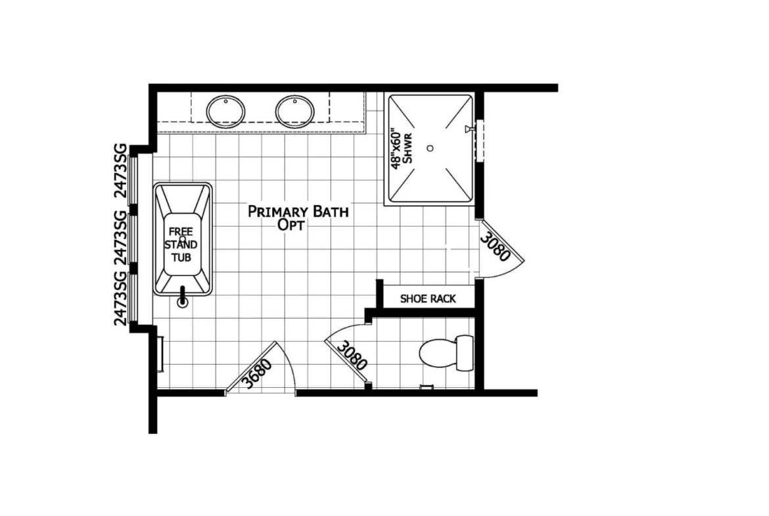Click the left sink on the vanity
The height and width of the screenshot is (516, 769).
[x=225, y=111]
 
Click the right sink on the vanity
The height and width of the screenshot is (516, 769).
[x=294, y=111]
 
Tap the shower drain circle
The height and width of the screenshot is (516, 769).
[x=430, y=148]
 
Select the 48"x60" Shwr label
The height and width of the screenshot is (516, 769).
[x=402, y=149]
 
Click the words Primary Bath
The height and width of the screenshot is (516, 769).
[x=298, y=212]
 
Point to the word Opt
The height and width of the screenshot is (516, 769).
[x=291, y=225]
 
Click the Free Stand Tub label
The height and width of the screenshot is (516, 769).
[x=181, y=245]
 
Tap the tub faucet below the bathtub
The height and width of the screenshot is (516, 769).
[x=183, y=296]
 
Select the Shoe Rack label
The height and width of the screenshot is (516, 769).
[x=428, y=298]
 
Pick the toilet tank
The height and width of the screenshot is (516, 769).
[x=465, y=353]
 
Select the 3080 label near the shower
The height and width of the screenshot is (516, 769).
[x=495, y=246]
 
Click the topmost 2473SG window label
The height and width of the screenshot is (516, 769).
[x=120, y=171]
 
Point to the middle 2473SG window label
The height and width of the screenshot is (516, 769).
[x=120, y=238]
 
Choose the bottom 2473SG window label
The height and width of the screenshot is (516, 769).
[x=120, y=298]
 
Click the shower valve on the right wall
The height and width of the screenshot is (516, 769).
[x=469, y=129]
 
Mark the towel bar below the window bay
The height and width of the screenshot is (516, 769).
[x=160, y=354]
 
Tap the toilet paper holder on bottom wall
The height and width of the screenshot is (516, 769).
[x=427, y=387]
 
